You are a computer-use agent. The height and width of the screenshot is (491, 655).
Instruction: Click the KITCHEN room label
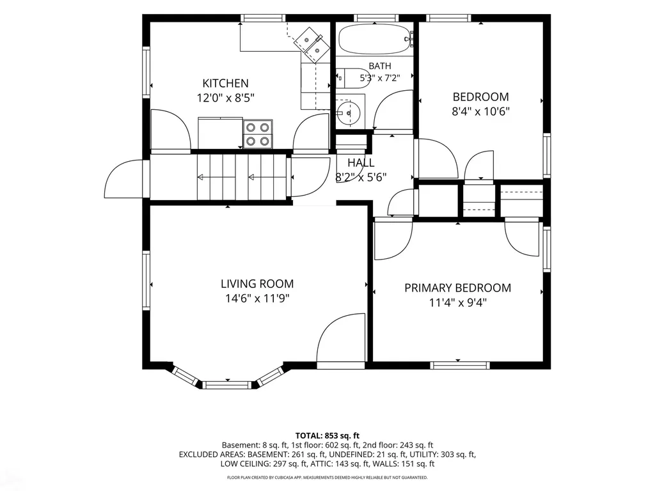226,83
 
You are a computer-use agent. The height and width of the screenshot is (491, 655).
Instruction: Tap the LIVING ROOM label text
257,284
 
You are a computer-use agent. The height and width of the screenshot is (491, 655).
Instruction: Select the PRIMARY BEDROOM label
458,288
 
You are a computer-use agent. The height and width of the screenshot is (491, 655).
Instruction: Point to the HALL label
361,162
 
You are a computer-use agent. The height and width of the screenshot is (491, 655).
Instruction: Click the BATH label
380,66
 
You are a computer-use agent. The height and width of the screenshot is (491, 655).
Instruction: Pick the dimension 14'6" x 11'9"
257,299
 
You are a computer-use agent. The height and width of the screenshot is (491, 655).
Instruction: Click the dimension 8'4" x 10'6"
481,111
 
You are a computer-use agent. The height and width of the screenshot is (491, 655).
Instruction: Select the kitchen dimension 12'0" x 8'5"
226,98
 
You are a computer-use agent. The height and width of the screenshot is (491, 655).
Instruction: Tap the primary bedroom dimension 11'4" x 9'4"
458,302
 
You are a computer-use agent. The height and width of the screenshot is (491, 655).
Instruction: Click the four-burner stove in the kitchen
258,134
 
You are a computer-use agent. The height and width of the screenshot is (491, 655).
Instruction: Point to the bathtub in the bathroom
374,39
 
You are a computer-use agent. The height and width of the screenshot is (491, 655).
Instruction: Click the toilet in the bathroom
353,78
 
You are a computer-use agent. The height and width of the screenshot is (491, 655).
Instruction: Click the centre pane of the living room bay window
228,384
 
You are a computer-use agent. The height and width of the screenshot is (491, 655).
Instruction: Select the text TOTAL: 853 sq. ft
327,436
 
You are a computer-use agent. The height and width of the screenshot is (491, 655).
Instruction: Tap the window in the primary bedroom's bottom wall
459,365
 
